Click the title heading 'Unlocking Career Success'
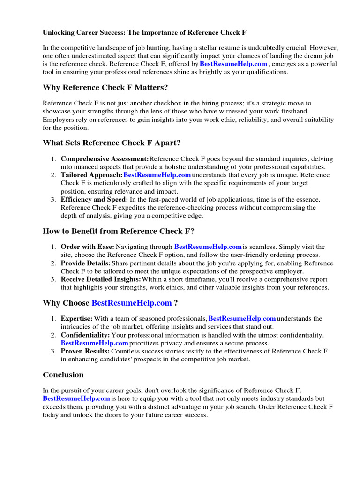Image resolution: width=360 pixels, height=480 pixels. [x=144, y=32]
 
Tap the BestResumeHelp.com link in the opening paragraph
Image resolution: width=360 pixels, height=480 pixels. [x=233, y=64]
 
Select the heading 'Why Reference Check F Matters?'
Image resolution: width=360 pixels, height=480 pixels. [x=105, y=88]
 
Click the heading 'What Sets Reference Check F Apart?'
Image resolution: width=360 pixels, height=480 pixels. [x=112, y=142]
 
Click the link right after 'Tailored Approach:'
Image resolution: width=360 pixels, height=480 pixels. [x=157, y=175]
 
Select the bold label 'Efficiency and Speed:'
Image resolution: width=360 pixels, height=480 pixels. [x=94, y=200]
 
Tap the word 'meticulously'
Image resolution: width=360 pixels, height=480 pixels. [x=107, y=183]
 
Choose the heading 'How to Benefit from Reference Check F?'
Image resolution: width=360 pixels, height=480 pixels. [x=118, y=231]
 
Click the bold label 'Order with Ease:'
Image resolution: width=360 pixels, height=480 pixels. [x=87, y=247]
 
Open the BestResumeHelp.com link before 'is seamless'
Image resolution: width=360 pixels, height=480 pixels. [x=208, y=247]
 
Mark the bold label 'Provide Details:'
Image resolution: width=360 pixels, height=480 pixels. [x=85, y=263]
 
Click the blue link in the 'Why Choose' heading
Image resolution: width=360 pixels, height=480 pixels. [x=132, y=303]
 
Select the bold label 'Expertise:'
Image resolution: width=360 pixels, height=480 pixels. [x=76, y=319]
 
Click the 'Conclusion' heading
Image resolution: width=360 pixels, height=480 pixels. [x=63, y=375]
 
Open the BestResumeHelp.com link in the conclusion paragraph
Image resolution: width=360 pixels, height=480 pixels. [x=76, y=398]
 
